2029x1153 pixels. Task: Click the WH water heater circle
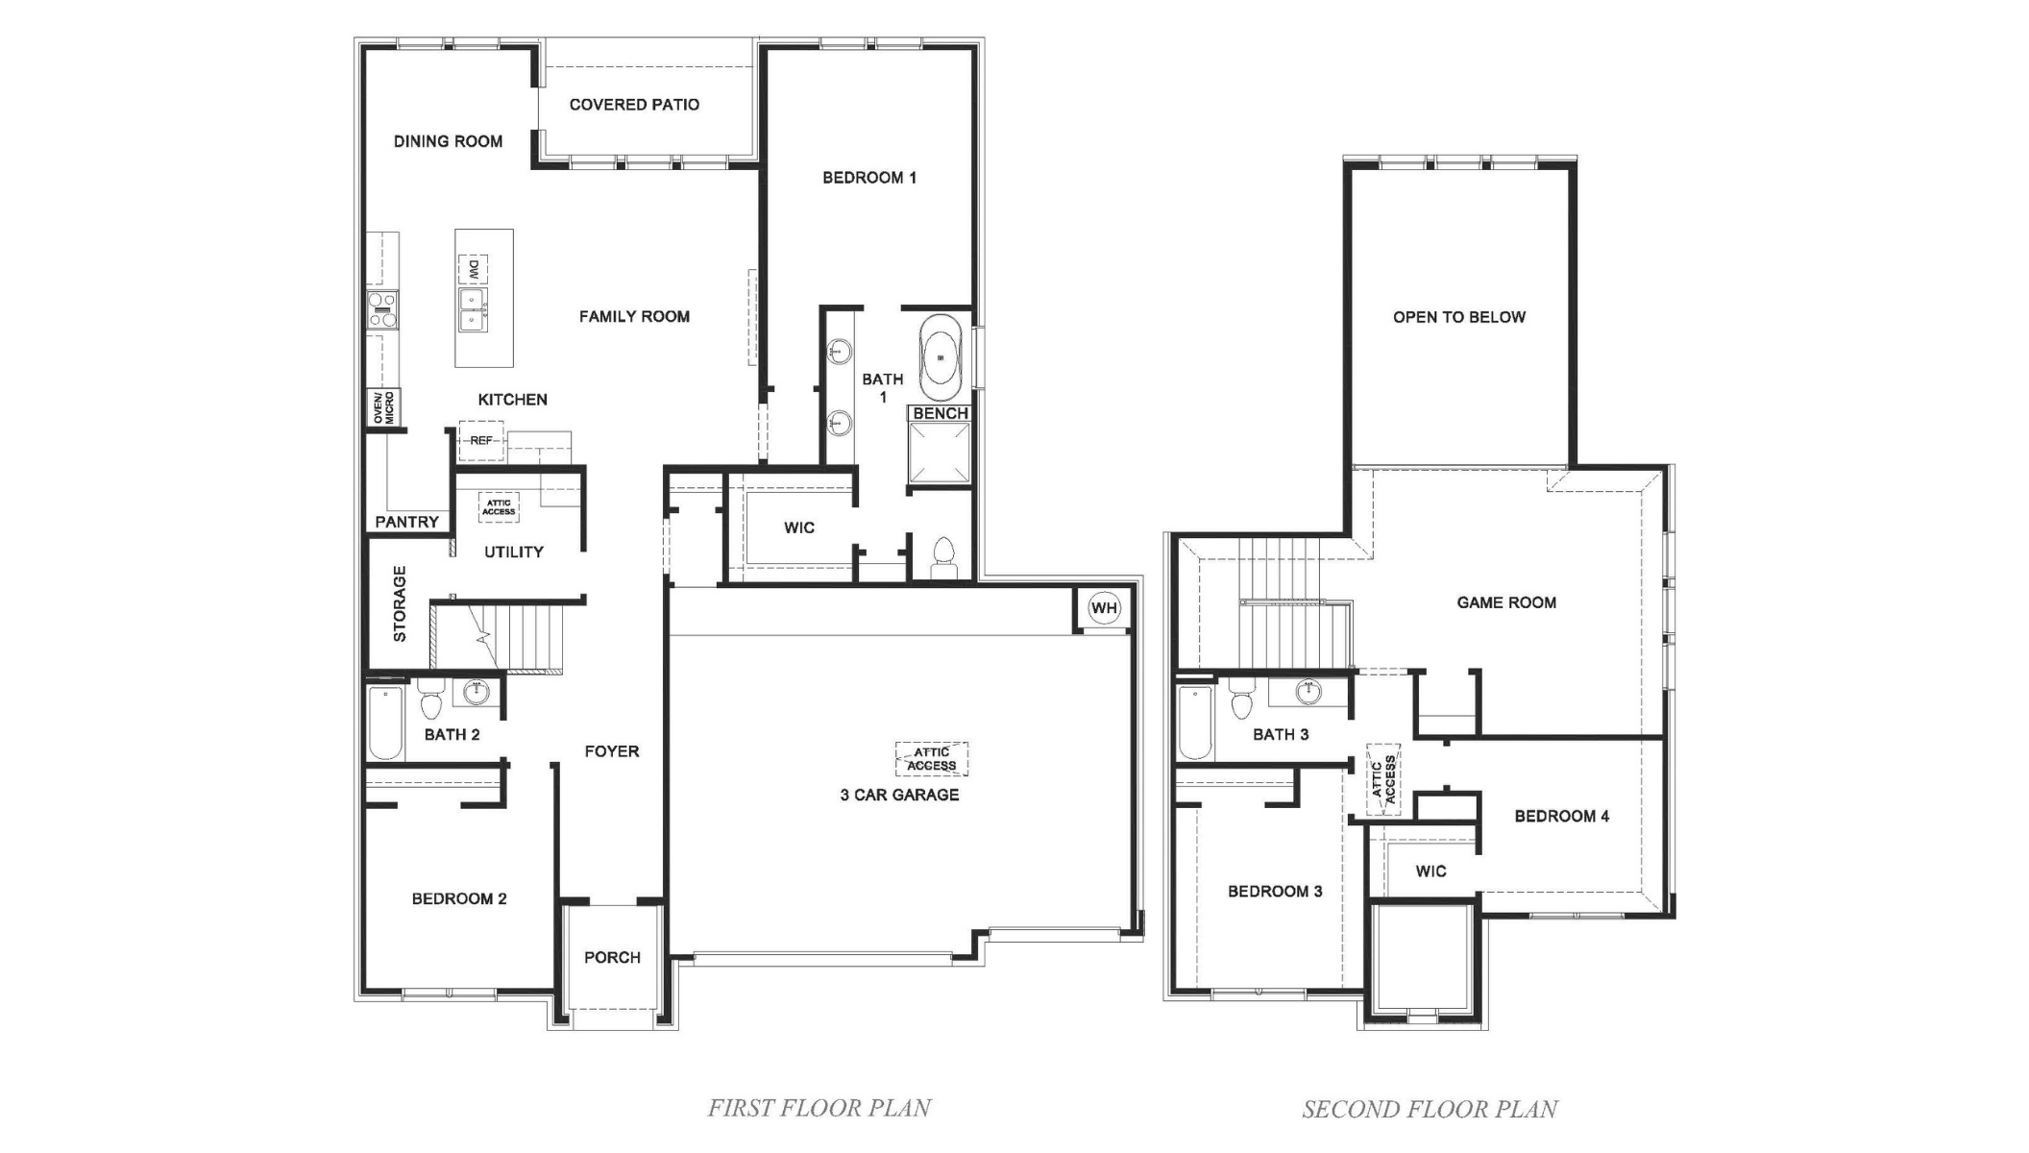1104,608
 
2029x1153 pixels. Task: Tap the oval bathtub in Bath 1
941,357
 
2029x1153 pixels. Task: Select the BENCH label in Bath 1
940,413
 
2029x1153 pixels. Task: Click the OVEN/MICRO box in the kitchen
383,407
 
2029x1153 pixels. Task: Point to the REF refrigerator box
481,440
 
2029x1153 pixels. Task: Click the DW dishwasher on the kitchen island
473,270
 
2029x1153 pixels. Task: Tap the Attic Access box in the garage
931,759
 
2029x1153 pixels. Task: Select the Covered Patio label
634,105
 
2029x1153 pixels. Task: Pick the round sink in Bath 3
1308,690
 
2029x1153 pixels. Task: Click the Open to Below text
1458,317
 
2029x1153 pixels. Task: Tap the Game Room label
1505,602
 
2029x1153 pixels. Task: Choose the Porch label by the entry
612,957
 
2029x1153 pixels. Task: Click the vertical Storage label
400,603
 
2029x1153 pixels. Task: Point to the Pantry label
406,522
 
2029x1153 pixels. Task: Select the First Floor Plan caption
819,1108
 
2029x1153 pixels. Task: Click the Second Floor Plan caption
1430,1109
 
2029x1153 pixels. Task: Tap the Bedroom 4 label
1561,816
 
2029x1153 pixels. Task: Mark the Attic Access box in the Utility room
499,506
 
